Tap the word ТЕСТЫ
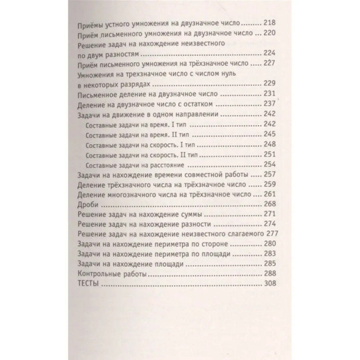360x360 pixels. (88, 284)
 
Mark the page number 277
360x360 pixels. (271, 234)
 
